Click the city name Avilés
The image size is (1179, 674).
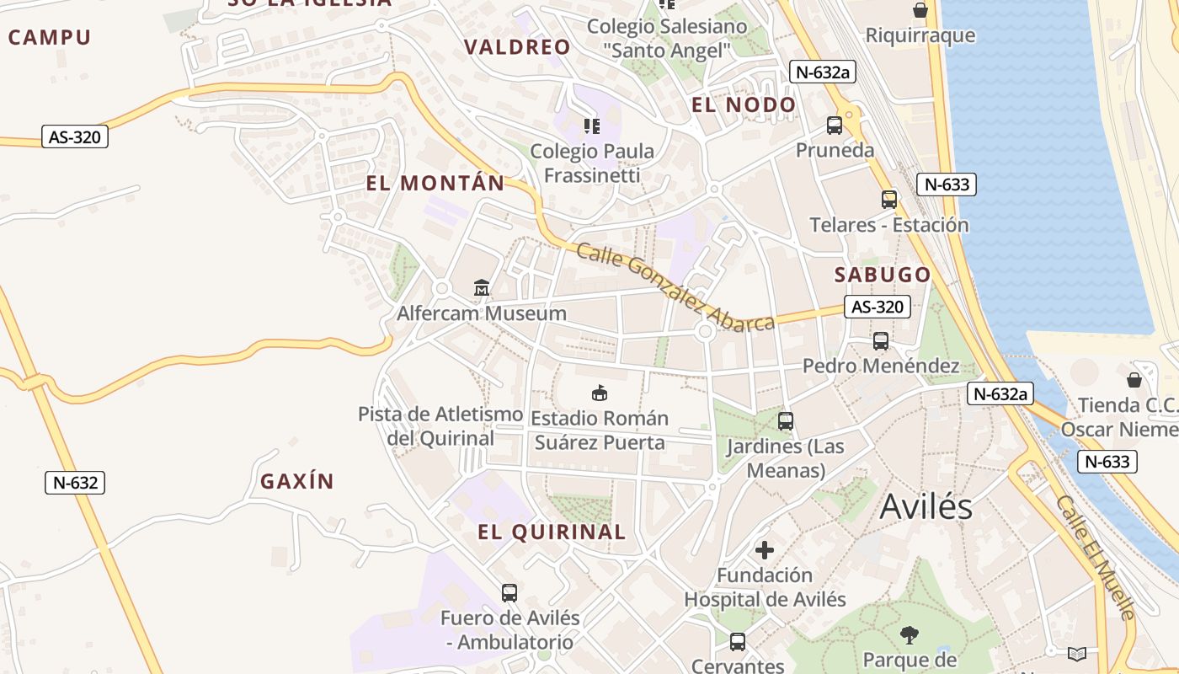coord(926,507)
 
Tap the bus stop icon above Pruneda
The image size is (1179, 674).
coord(835,126)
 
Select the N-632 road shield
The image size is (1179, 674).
coord(75,483)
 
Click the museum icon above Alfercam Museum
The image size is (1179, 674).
coord(482,288)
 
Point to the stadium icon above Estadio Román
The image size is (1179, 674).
coord(599,393)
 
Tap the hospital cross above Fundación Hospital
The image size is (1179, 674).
coord(765,550)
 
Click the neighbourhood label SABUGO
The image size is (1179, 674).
coord(883,275)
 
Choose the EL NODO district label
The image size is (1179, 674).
coord(743,105)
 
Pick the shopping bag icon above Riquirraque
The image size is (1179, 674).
coord(920,10)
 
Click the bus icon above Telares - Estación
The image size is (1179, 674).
coord(889,200)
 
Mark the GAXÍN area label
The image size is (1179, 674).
coord(297,482)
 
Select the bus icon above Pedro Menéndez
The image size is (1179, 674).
coord(881,341)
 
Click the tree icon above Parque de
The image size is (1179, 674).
coord(909,634)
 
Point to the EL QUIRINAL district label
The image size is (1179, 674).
coord(552,532)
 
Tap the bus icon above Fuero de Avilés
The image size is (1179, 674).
coord(509,592)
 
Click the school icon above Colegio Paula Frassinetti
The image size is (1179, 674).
coord(592,126)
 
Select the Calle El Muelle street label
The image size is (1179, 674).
coord(1096,557)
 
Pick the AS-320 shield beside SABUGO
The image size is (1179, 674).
coord(878,307)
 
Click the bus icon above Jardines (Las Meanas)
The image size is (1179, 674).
coord(786,420)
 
